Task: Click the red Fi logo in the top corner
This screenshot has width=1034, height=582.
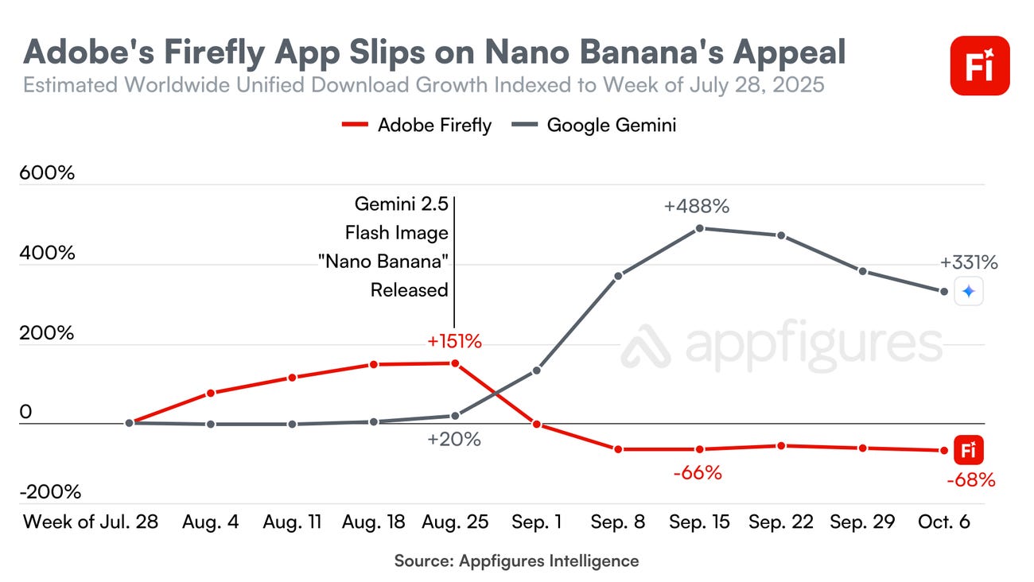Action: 980,66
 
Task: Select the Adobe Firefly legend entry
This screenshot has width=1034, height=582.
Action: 417,125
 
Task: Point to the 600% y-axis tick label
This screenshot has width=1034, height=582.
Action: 47,173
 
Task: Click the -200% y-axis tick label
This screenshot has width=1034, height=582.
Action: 51,492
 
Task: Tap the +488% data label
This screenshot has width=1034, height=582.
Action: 697,207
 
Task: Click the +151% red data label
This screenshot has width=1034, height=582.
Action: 454,342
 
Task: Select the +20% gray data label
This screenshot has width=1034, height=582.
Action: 453,439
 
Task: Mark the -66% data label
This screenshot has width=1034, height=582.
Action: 697,473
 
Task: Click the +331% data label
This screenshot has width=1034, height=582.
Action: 968,263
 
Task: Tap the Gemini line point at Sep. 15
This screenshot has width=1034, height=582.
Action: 700,228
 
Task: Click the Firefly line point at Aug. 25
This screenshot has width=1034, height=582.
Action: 455,363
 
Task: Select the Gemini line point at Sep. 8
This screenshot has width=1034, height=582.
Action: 618,276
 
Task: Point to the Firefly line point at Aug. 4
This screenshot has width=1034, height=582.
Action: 211,393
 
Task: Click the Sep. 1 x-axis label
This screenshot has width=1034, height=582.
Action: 536,522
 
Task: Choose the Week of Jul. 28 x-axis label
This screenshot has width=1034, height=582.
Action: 91,522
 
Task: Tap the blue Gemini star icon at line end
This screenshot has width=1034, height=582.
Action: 968,292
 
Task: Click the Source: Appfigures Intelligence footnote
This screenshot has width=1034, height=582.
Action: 516,561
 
